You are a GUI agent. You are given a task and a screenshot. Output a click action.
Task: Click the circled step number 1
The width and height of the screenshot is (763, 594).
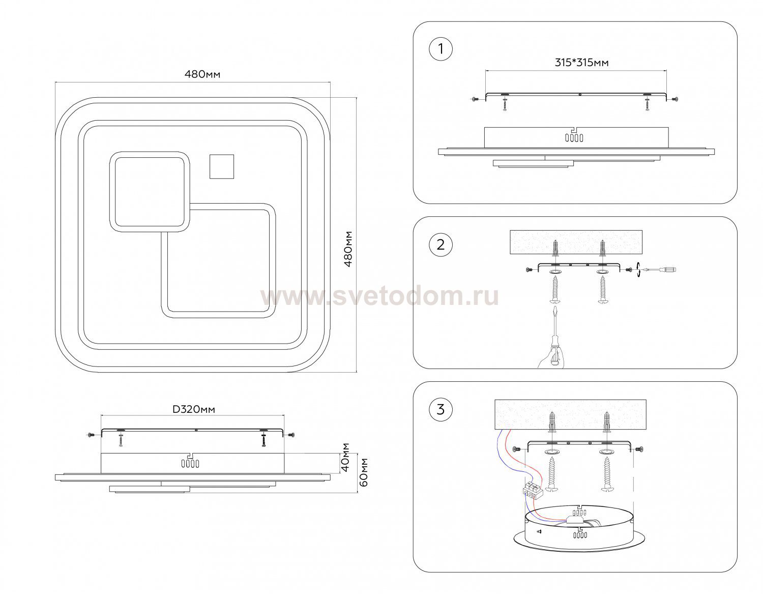(x=441, y=49)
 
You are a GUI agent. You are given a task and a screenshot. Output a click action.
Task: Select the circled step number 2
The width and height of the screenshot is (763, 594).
(x=441, y=244)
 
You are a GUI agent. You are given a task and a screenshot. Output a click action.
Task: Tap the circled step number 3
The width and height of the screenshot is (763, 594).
(x=441, y=409)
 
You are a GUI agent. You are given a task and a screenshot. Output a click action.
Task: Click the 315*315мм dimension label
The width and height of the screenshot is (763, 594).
(x=581, y=63)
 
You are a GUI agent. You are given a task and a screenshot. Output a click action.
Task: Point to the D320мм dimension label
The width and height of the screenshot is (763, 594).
(x=194, y=409)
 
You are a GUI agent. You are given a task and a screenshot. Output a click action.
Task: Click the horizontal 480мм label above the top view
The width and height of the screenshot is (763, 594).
(x=202, y=74)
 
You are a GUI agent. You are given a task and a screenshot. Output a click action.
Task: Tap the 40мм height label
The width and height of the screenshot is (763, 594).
(x=345, y=457)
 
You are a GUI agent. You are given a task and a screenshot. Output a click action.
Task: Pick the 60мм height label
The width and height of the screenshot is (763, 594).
(x=364, y=472)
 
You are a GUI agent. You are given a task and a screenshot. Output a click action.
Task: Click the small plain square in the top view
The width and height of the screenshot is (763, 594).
(x=222, y=166)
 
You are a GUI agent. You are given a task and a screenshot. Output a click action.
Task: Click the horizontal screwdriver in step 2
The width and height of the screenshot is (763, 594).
(x=661, y=270)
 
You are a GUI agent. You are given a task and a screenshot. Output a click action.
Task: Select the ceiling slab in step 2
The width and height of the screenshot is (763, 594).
(x=576, y=242)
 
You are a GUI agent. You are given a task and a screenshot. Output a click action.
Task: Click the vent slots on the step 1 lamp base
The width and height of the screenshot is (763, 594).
(x=574, y=138)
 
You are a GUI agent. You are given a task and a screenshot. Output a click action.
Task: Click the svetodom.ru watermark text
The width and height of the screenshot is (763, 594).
(x=379, y=296)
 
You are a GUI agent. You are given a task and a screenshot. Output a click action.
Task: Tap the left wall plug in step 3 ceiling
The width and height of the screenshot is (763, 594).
(x=552, y=422)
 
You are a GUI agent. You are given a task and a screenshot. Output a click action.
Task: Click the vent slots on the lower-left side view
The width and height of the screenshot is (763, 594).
(x=190, y=463)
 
